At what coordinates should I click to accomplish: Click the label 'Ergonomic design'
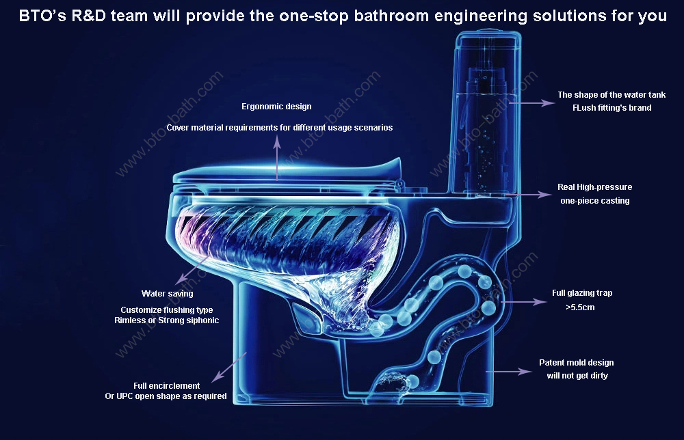click(x=276, y=107)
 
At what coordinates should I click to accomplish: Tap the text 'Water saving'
click(x=167, y=294)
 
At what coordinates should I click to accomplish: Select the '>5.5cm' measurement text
click(x=580, y=307)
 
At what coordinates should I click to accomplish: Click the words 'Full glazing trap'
click(x=582, y=293)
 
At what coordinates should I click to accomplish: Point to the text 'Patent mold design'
click(x=576, y=363)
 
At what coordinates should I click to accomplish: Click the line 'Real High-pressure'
click(x=594, y=187)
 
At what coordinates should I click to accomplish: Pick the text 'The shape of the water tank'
click(x=611, y=95)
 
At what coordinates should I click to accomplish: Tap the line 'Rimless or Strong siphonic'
click(x=167, y=320)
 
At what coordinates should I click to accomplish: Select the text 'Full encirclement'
click(x=167, y=385)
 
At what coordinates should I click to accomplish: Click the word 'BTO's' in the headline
click(x=42, y=16)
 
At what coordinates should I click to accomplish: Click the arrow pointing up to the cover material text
click(x=277, y=157)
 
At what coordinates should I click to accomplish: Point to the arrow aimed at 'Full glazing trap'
click(x=523, y=301)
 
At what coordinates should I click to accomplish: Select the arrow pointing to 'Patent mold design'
click(x=509, y=372)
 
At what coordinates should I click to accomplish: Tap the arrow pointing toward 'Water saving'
click(x=192, y=271)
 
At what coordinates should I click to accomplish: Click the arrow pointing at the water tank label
click(x=531, y=102)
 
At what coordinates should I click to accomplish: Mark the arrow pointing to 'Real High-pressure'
click(x=529, y=195)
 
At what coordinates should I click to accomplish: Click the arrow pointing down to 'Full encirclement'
click(x=229, y=368)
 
